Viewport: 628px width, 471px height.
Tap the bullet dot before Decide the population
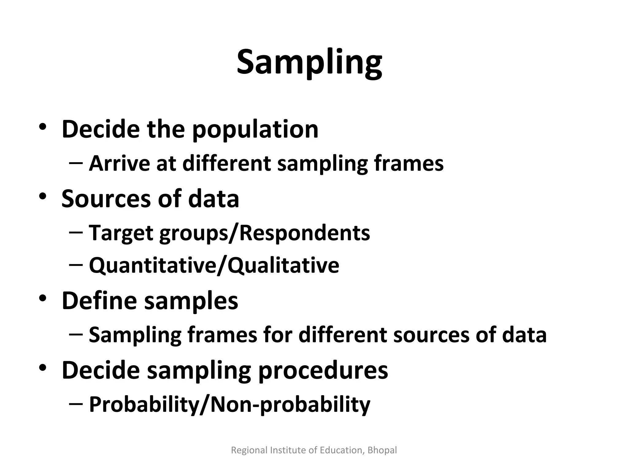coord(43,127)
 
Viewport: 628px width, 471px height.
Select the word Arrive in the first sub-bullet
coord(119,163)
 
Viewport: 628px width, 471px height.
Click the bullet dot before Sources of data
coord(43,196)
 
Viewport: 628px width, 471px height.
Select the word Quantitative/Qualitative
coord(214,265)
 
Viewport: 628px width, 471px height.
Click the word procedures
coord(323,370)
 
